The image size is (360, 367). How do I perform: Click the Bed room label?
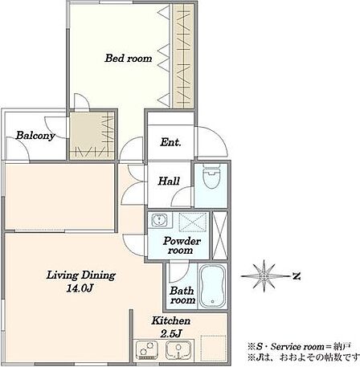[x=129, y=59]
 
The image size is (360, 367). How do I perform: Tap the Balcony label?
[x=35, y=136]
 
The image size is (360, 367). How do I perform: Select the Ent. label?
[x=170, y=142]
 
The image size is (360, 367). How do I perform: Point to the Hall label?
[x=169, y=181]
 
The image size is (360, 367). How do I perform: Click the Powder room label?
[x=182, y=246]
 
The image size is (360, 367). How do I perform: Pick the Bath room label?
[x=182, y=296]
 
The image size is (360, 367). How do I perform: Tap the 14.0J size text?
[x=80, y=288]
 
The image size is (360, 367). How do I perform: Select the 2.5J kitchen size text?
[x=171, y=333]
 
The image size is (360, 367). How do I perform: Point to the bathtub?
[x=212, y=287]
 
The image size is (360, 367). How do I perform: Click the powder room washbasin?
[x=160, y=220]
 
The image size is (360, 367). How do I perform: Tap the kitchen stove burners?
[x=146, y=350]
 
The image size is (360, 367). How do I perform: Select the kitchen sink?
[x=179, y=350]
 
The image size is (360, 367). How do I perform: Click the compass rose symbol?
[x=264, y=276]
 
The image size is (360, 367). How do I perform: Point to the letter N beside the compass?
[x=296, y=276]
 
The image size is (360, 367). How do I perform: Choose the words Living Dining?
[x=81, y=275]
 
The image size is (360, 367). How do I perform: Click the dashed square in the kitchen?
[x=214, y=348]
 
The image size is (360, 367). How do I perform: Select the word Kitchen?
[x=171, y=320]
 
